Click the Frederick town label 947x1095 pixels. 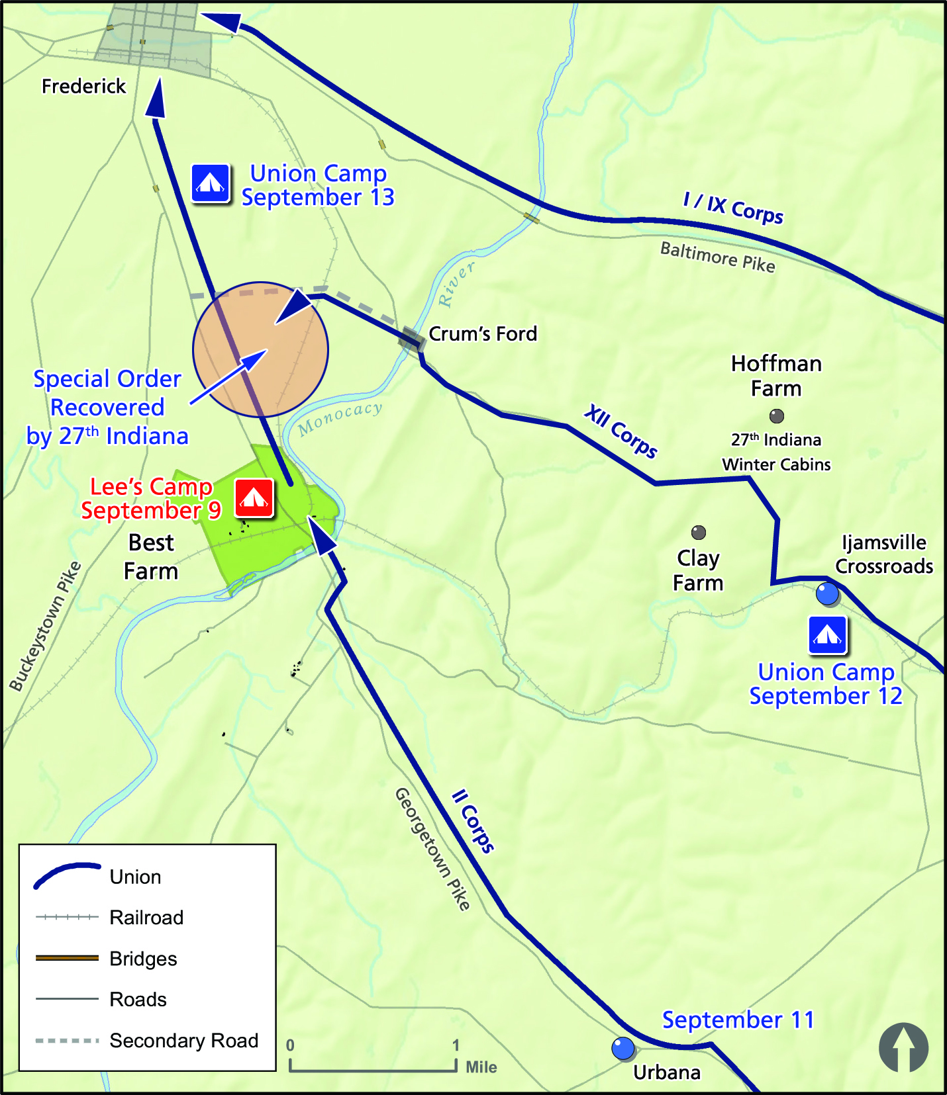pyautogui.click(x=83, y=87)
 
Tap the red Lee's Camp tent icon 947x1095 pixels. pyautogui.click(x=254, y=498)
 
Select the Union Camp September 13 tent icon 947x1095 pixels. pyautogui.click(x=211, y=183)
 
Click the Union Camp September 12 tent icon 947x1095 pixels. pyautogui.click(x=827, y=635)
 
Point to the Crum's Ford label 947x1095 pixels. pyautogui.click(x=483, y=334)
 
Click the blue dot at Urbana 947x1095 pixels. pyautogui.click(x=623, y=1048)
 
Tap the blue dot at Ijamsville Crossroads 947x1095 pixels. pyautogui.click(x=827, y=593)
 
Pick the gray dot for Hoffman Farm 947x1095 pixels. pyautogui.click(x=777, y=416)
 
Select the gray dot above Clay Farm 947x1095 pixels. pyautogui.click(x=699, y=532)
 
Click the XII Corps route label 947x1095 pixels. pyautogui.click(x=621, y=432)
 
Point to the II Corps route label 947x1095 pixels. pyautogui.click(x=473, y=820)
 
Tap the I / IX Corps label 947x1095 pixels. pyautogui.click(x=733, y=208)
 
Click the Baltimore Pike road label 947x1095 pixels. pyautogui.click(x=718, y=257)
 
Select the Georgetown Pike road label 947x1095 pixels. pyautogui.click(x=432, y=848)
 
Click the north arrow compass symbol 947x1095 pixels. pyautogui.click(x=903, y=1047)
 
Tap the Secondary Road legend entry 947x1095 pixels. pyautogui.click(x=183, y=1041)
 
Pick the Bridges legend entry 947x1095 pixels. pyautogui.click(x=143, y=959)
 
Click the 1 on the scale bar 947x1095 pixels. pyautogui.click(x=456, y=1045)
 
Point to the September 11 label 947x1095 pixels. pyautogui.click(x=738, y=1020)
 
